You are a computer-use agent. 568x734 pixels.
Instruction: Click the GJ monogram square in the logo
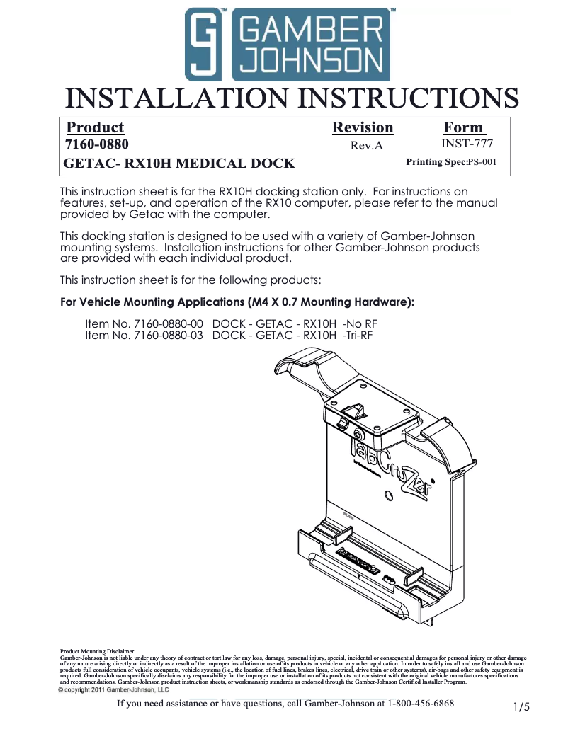205,45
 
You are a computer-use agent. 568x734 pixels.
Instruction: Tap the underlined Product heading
95,127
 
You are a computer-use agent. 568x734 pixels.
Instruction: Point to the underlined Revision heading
363,127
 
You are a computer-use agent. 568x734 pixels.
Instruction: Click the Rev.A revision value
367,146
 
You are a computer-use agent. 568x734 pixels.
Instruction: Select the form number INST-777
467,144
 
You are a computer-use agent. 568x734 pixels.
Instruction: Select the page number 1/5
521,706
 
